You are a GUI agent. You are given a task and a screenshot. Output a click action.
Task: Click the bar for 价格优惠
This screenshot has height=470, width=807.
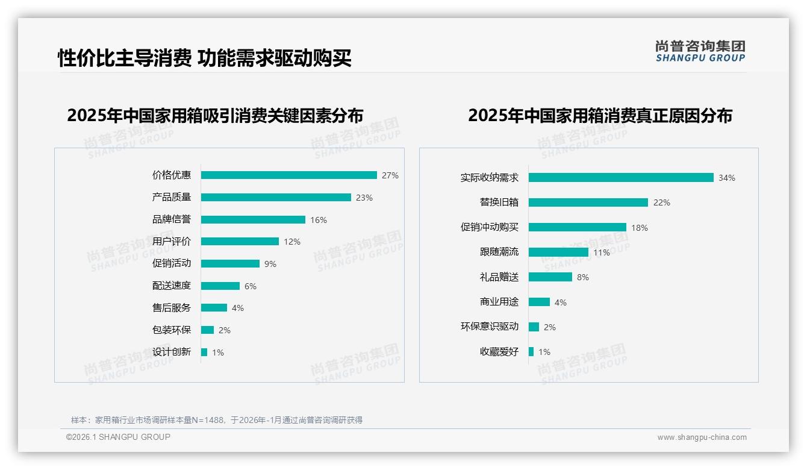[x=289, y=175]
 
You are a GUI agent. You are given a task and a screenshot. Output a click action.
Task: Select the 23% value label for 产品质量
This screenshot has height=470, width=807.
[x=364, y=198]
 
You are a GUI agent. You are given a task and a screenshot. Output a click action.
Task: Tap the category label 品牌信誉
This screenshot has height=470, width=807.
[x=172, y=219]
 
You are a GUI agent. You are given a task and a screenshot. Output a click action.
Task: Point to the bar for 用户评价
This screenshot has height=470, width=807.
[x=240, y=242]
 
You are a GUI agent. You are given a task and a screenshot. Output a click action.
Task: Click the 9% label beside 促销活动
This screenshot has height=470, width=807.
[x=270, y=264]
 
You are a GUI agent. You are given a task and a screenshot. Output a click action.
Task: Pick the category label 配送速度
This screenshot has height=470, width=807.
[x=172, y=286]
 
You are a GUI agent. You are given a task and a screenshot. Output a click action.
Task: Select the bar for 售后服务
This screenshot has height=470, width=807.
[x=214, y=308]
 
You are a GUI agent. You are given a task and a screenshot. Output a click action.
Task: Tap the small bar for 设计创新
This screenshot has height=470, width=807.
[x=204, y=352]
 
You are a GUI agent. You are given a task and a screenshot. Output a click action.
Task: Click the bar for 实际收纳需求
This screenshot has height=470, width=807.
[x=621, y=178]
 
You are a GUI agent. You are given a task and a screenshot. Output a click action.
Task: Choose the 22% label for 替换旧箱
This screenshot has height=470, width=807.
[x=661, y=202]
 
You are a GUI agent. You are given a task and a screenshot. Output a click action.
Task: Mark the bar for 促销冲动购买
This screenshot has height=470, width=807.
[x=578, y=227]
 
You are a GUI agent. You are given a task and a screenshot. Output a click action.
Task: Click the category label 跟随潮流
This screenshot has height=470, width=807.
[x=499, y=252]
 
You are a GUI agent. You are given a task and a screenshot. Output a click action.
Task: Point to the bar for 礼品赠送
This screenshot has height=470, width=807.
[x=550, y=277]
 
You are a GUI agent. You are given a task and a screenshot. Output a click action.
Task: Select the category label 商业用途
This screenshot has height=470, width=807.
[x=499, y=302]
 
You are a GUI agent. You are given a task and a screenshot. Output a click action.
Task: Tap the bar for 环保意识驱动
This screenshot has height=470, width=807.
[x=534, y=327]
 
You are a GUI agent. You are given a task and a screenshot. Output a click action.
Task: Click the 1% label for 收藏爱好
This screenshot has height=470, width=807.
[x=544, y=352]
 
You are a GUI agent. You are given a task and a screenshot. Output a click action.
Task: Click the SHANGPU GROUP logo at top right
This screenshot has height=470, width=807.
[x=700, y=51]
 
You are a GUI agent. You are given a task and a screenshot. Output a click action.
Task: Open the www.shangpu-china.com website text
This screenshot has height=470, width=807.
[x=702, y=437]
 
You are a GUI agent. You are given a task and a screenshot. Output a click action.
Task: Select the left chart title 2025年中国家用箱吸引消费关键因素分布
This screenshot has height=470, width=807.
[x=216, y=116]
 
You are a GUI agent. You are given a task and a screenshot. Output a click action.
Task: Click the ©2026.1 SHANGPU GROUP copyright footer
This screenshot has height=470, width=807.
[x=118, y=437]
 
